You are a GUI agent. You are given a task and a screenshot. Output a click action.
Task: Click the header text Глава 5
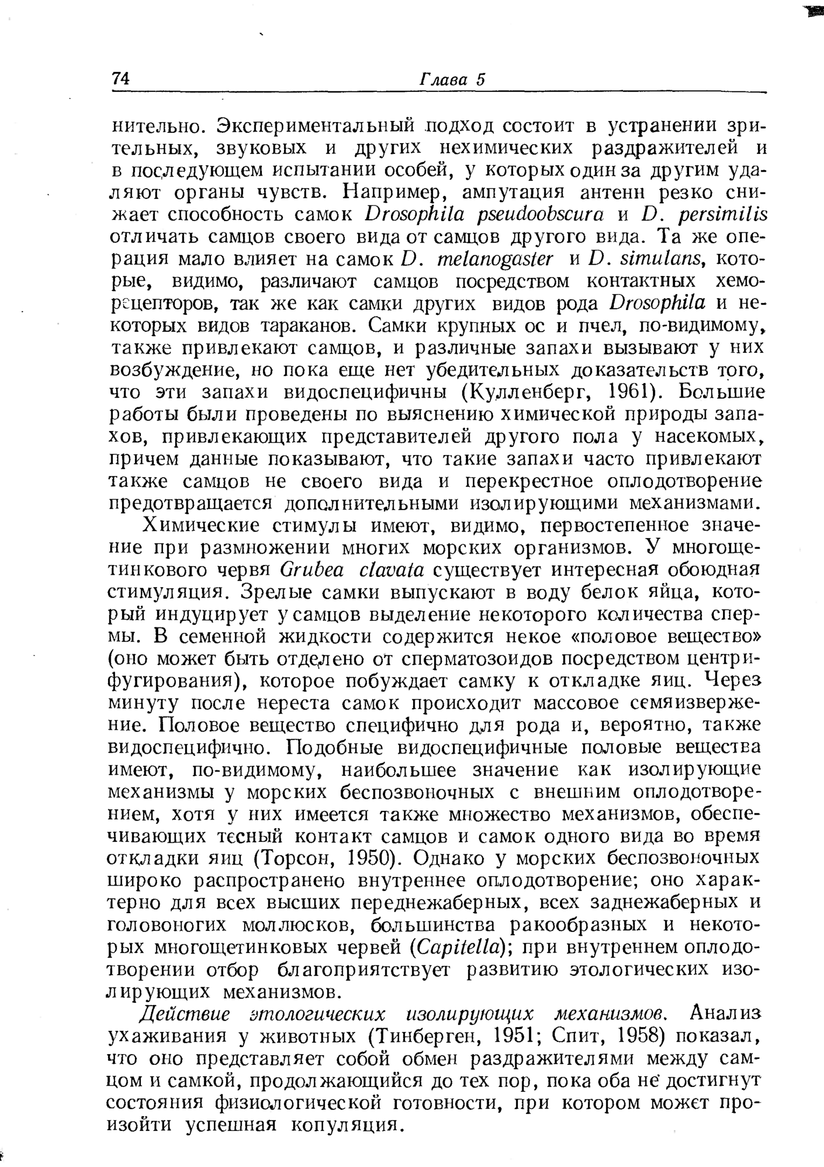pyautogui.click(x=452, y=79)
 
